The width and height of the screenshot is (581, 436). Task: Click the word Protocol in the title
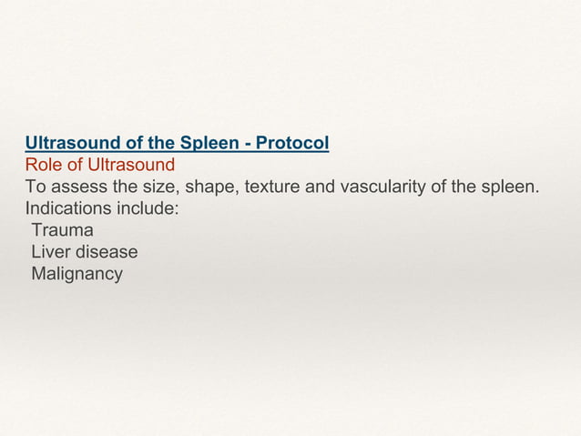click(293, 144)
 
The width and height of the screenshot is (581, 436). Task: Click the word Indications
click(67, 208)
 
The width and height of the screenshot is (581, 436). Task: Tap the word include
click(148, 208)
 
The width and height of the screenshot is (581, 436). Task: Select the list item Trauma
click(62, 230)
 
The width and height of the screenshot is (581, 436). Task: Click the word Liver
click(50, 252)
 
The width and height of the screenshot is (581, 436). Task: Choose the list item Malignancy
click(76, 274)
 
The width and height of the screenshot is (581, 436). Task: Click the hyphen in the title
click(249, 145)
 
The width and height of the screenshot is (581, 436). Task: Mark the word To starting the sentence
click(35, 188)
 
